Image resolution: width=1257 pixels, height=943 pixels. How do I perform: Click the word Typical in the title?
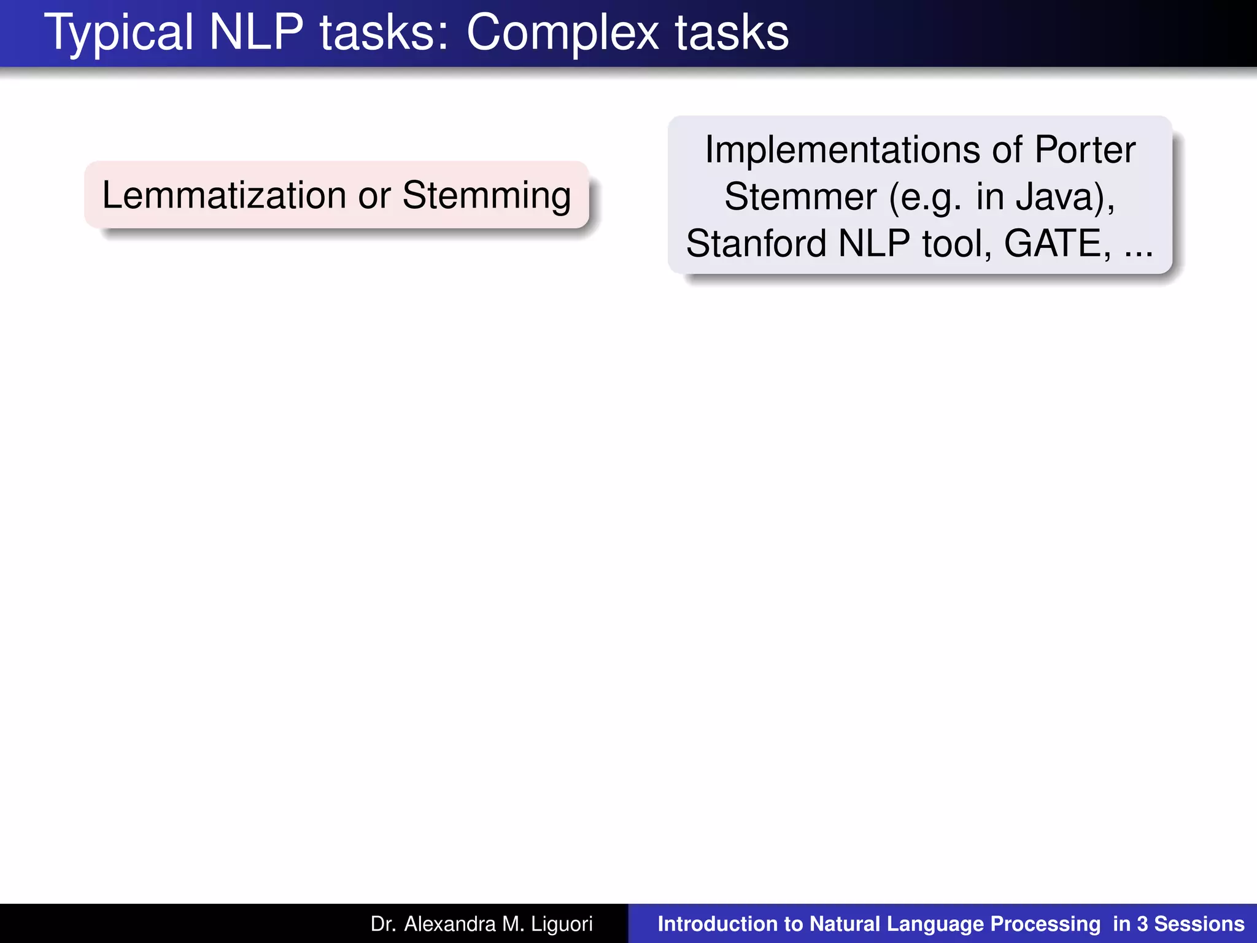[118, 33]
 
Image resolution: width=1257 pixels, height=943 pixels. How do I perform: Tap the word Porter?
[1085, 149]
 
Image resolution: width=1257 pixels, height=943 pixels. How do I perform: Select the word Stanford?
[757, 243]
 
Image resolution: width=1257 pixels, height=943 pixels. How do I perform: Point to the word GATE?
[1056, 243]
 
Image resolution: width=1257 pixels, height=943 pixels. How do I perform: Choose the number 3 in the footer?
[1142, 924]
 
